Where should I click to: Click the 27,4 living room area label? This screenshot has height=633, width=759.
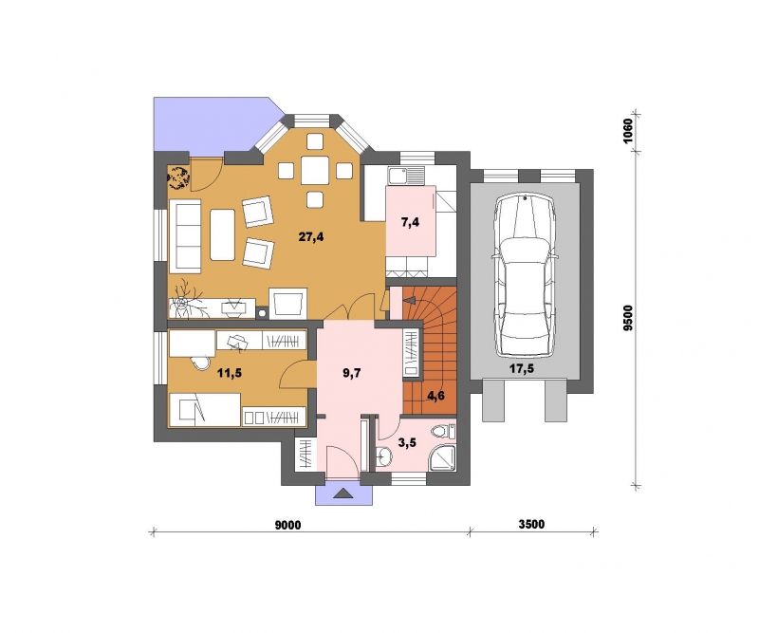pos(311,237)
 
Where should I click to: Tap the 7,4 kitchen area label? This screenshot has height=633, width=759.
pos(411,222)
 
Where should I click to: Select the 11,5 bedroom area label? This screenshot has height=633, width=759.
pos(229,372)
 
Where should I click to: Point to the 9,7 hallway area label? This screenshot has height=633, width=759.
pos(352,372)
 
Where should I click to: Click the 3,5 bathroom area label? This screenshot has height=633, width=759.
pos(407,441)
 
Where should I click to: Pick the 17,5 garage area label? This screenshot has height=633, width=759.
pos(521,368)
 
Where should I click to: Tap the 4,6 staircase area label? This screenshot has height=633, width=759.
pos(435,396)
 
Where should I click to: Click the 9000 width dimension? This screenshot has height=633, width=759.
pos(288,525)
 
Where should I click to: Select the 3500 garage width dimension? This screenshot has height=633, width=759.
pos(531,524)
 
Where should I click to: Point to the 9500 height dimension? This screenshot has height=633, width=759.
pos(628,318)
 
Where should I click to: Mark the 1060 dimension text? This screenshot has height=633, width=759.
pos(628,131)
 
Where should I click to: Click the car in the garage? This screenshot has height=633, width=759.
pos(526,275)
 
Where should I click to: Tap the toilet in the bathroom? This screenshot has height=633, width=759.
pos(444,431)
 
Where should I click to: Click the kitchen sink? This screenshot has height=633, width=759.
pos(406,177)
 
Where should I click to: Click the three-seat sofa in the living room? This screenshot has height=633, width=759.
pos(185,235)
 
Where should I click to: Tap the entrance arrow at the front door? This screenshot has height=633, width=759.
pos(344,493)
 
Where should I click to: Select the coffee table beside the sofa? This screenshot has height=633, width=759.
pos(222,233)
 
